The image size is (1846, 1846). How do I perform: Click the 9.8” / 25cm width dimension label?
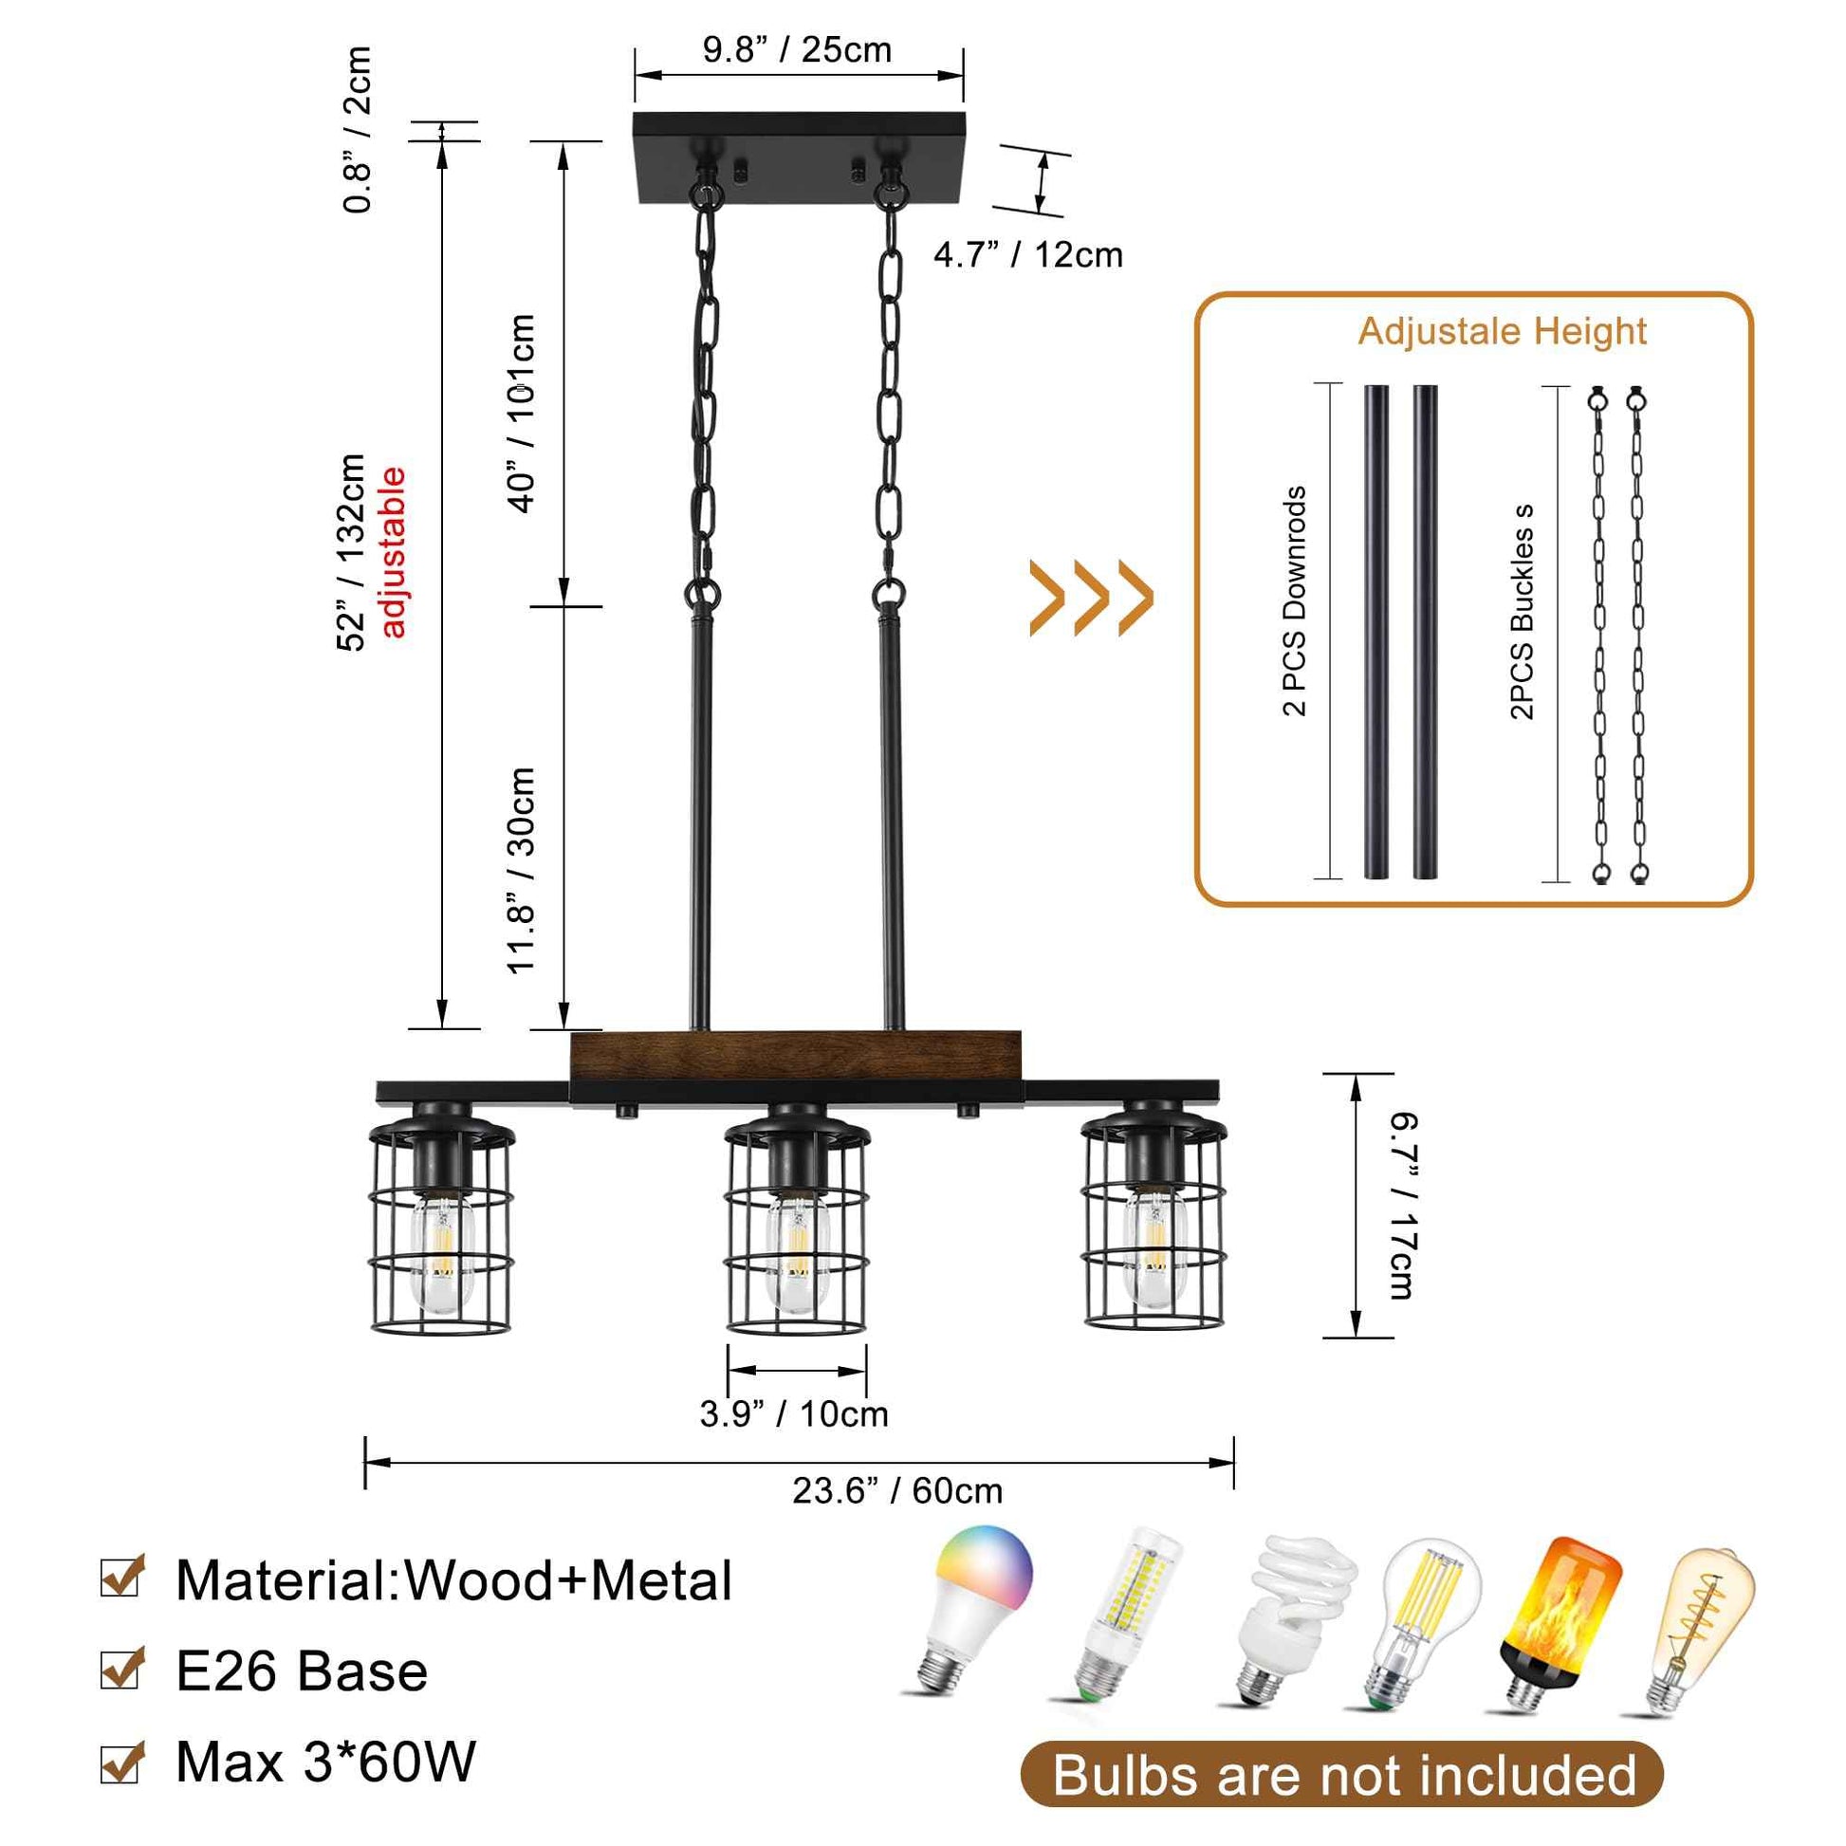(x=797, y=49)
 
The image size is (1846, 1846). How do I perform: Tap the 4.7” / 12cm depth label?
(x=1027, y=255)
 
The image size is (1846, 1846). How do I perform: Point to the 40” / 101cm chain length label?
(x=522, y=413)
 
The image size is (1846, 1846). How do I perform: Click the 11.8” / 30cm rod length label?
(x=522, y=871)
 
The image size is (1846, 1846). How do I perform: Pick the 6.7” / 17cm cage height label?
(x=1401, y=1205)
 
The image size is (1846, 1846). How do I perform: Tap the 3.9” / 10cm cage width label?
(x=793, y=1413)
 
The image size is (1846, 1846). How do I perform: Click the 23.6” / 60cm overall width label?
(x=897, y=1489)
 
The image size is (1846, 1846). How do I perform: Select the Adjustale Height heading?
(x=1501, y=332)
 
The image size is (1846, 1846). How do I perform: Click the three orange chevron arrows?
(x=1090, y=600)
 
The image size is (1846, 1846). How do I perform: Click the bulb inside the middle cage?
(x=797, y=1251)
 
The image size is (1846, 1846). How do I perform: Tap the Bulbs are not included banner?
(x=1342, y=1775)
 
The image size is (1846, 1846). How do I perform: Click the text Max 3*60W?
(x=324, y=1761)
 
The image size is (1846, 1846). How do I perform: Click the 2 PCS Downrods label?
(x=1295, y=601)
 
